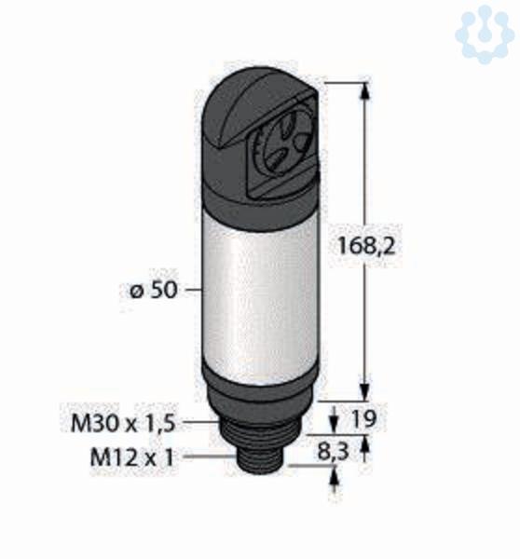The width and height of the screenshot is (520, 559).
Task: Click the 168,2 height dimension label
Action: [366, 246]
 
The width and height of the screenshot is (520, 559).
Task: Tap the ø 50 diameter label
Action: [154, 290]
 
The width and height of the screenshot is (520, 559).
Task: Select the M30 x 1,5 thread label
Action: [123, 423]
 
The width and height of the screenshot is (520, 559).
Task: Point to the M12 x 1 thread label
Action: [132, 457]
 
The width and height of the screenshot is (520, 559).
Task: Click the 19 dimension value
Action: [363, 418]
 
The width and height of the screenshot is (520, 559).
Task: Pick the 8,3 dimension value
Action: [333, 452]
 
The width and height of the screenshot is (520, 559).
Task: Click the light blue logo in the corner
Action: [485, 34]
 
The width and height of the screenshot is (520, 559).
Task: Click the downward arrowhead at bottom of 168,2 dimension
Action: [364, 390]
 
